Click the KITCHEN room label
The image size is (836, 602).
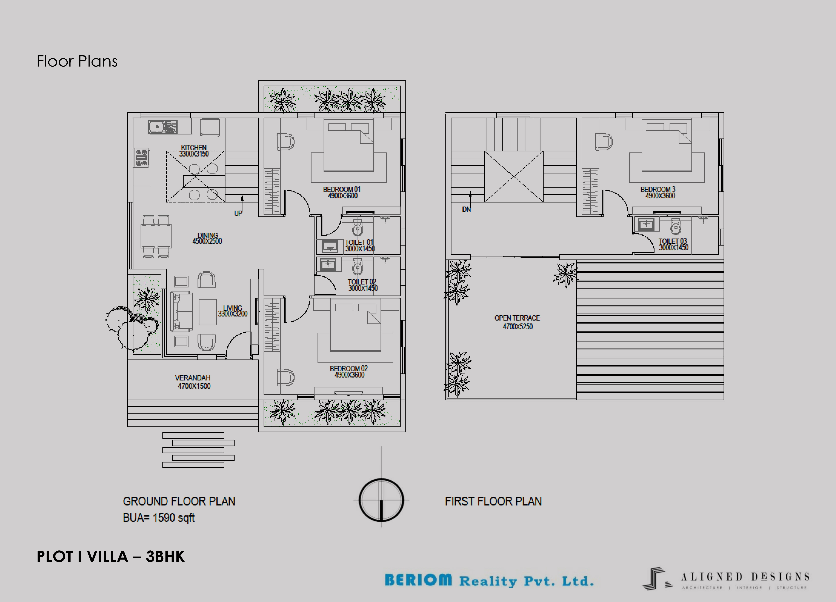point(193,147)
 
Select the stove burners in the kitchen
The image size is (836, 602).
point(141,158)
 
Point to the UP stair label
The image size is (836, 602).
point(238,213)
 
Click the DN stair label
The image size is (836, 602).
point(466,209)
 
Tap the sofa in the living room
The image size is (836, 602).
point(181,312)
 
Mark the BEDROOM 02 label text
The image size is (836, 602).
point(349,368)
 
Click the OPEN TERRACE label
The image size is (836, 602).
point(517,318)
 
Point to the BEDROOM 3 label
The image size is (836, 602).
point(658,189)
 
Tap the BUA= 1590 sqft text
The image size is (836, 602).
point(159,518)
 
